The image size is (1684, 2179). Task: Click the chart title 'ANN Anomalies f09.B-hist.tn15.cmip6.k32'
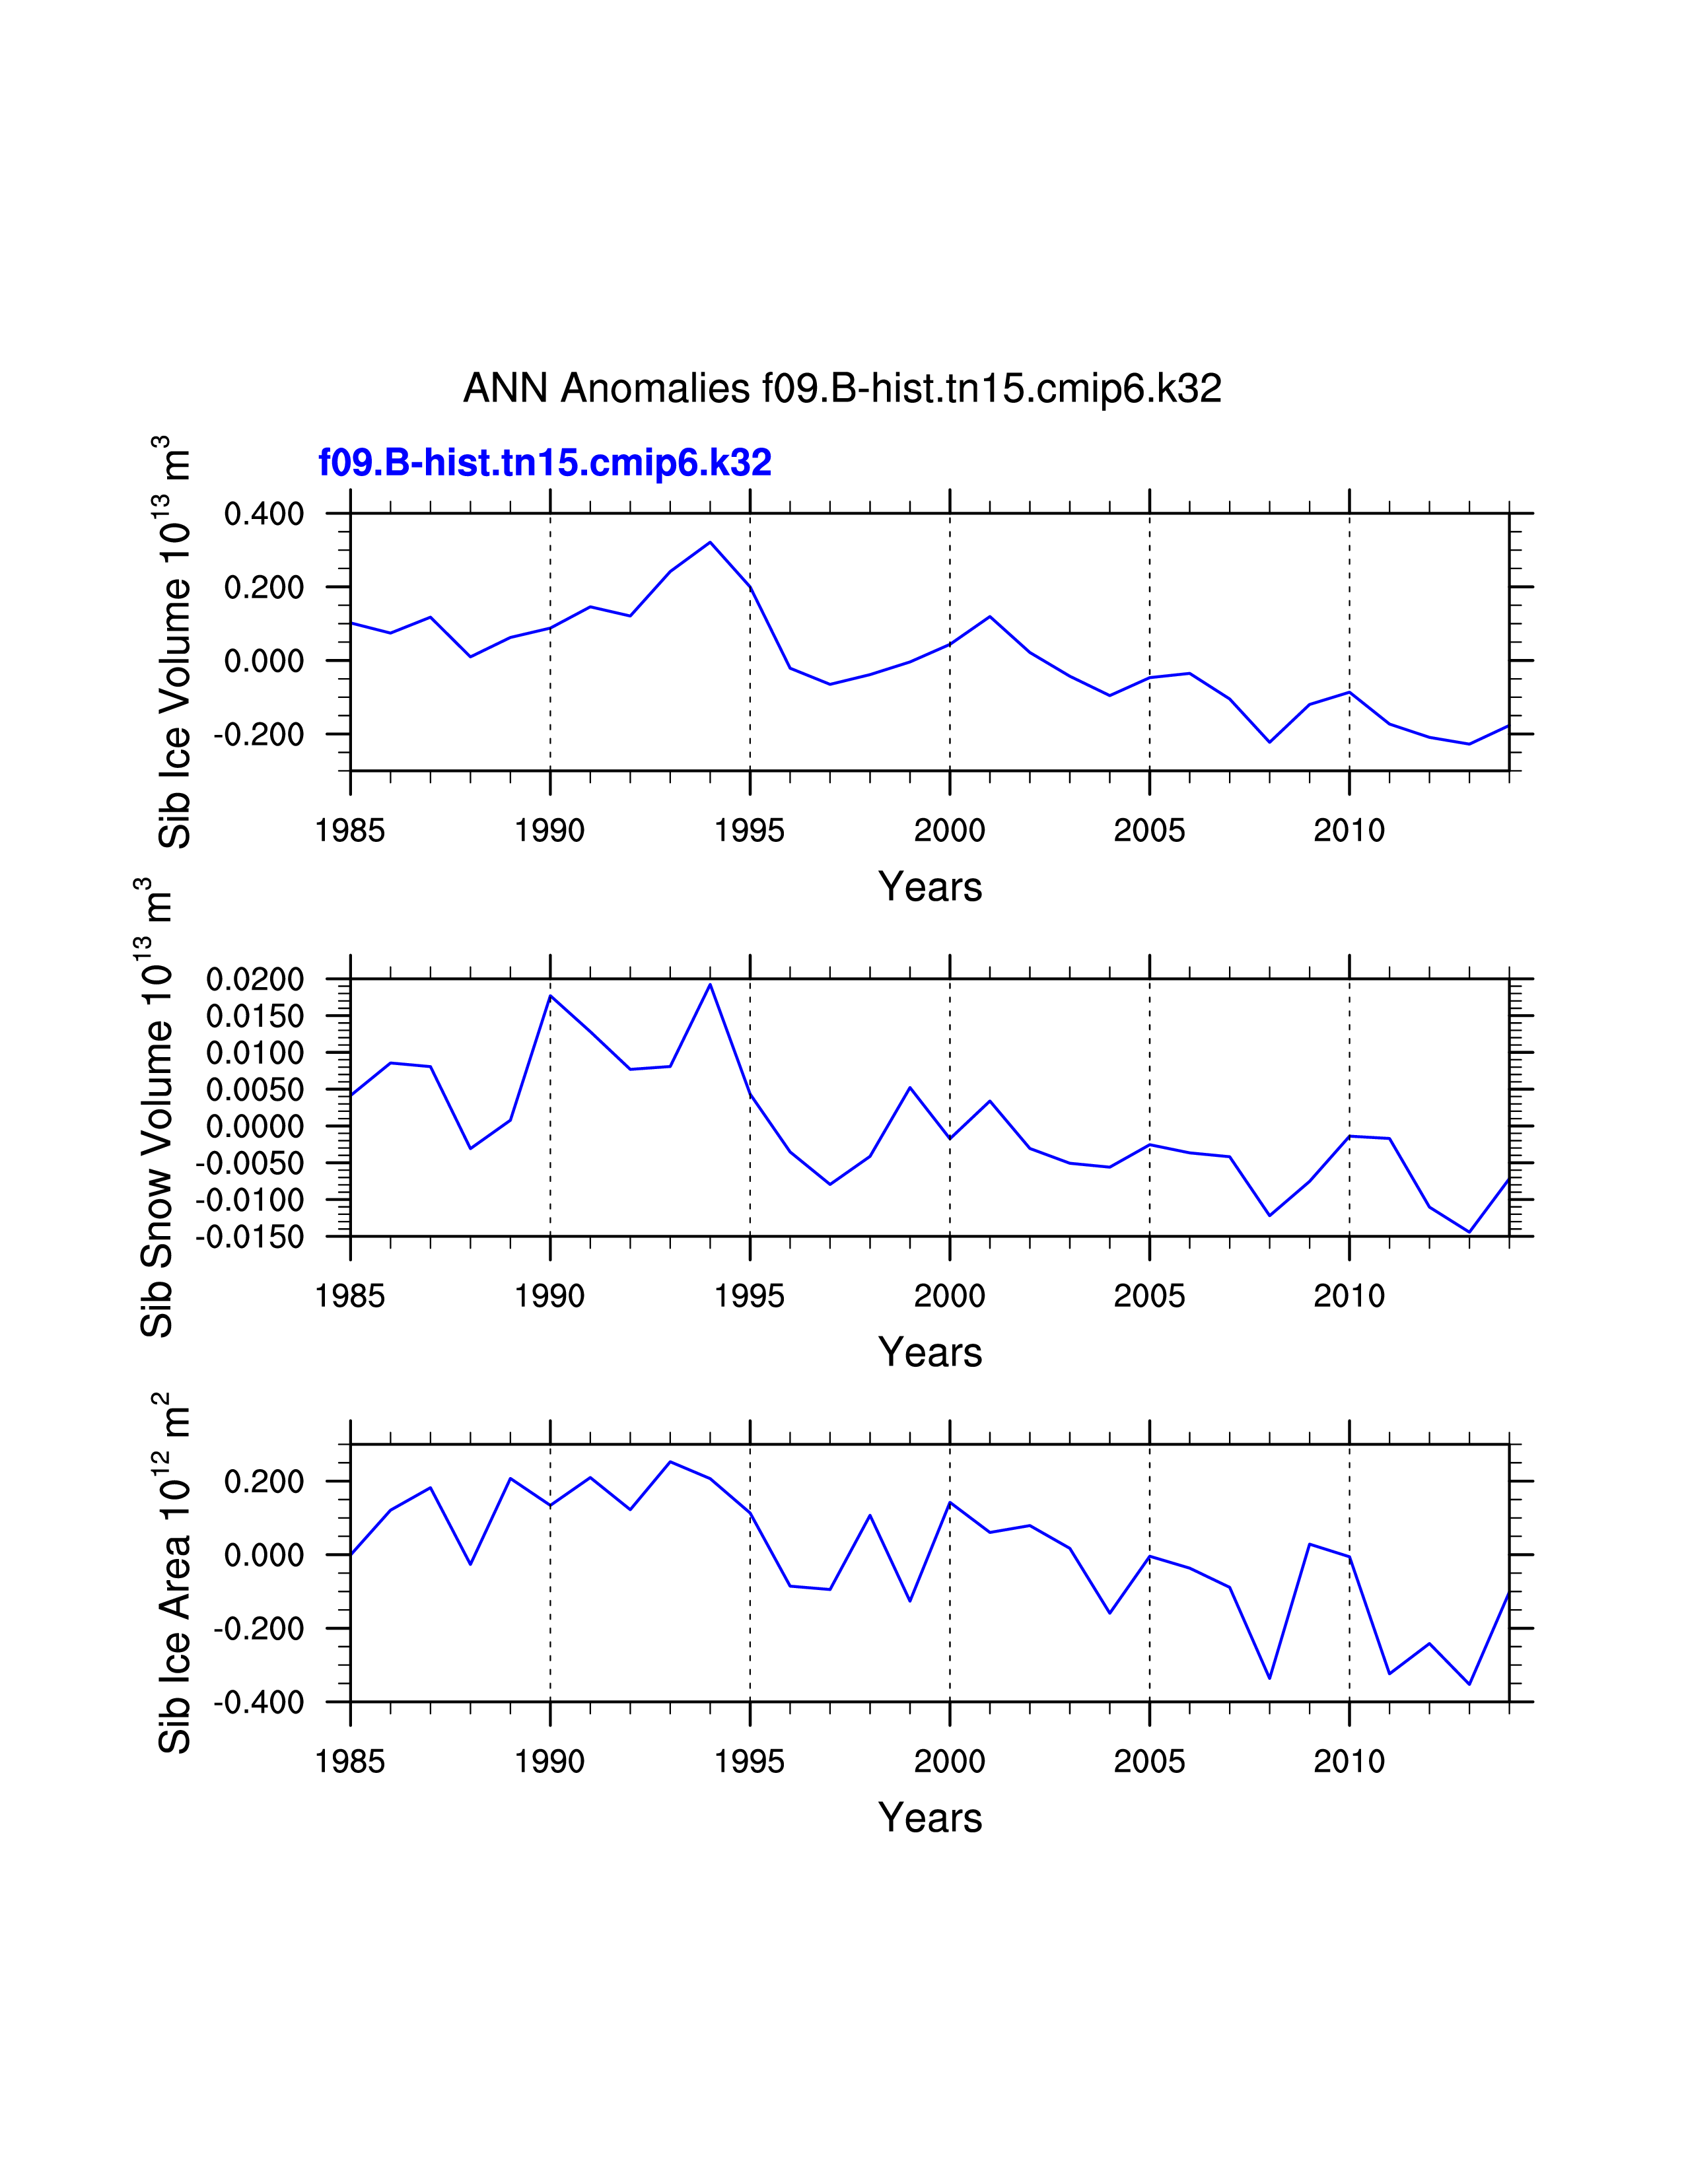(842, 388)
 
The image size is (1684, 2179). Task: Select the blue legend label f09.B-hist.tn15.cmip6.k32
(545, 463)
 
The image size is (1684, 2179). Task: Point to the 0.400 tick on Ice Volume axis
(263, 515)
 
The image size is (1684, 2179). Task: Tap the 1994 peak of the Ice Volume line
(711, 543)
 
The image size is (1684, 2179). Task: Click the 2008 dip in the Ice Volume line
(1269, 742)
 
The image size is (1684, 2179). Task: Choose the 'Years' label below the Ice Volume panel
(930, 887)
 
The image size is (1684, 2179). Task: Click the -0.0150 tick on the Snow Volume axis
(250, 1237)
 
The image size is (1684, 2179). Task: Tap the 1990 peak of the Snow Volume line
(551, 996)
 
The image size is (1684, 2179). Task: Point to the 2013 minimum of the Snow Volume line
(1469, 1232)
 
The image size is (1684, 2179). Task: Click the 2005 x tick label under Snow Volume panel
(1149, 1296)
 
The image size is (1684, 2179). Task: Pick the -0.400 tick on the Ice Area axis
(258, 1702)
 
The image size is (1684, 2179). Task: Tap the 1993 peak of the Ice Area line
(670, 1462)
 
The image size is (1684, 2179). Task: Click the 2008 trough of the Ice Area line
(1269, 1678)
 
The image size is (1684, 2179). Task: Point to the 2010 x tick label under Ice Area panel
(1349, 1761)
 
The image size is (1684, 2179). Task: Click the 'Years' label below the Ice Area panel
(930, 1818)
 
